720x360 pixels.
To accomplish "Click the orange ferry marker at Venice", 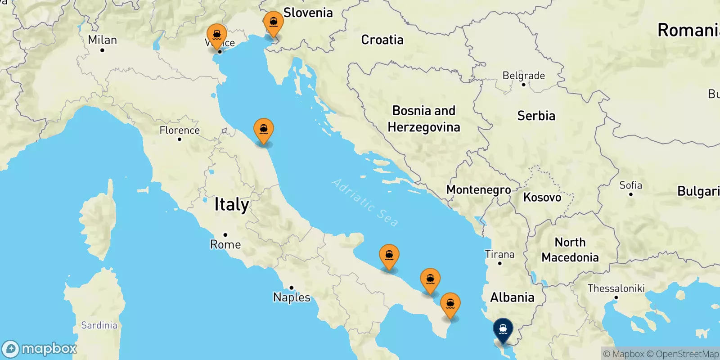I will click(x=217, y=35).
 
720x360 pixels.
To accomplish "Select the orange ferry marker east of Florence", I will click(x=264, y=130).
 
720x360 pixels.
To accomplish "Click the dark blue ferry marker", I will click(x=503, y=330).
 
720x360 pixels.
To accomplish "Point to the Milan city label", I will click(x=103, y=40).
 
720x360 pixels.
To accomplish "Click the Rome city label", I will click(x=225, y=244).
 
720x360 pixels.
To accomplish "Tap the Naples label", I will click(x=292, y=297).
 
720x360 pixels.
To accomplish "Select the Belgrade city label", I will click(x=523, y=76).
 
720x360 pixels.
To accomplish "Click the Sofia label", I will click(x=630, y=185).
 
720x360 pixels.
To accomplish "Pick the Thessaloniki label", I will click(x=616, y=288).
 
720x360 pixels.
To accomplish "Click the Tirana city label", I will click(x=499, y=254).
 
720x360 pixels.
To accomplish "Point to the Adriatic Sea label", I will click(x=365, y=202).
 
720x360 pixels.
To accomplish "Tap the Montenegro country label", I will click(x=478, y=190).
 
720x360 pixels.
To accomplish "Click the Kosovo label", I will click(x=542, y=198).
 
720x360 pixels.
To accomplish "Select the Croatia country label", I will click(x=382, y=40).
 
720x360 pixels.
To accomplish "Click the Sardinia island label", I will click(x=99, y=325).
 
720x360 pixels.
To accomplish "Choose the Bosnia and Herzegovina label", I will click(x=424, y=119).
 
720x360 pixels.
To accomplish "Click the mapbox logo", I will click(x=40, y=349).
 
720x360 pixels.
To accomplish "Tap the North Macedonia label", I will click(x=570, y=250).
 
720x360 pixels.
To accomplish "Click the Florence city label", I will click(x=180, y=130).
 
